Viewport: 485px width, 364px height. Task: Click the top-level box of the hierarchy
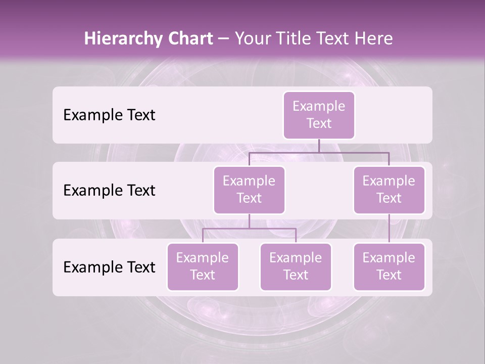click(319, 115)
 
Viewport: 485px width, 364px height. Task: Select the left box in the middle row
click(249, 190)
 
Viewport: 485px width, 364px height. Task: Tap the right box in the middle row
click(389, 190)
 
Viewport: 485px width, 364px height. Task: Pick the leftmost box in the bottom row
click(203, 267)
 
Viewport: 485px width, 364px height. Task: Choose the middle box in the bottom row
click(296, 267)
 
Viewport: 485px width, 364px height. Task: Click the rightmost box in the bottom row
click(389, 267)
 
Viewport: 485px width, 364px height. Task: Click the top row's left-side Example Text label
click(109, 115)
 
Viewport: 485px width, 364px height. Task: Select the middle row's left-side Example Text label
click(109, 191)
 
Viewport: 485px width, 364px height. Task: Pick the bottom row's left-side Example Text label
click(109, 267)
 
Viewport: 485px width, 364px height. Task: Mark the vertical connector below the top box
click(319, 146)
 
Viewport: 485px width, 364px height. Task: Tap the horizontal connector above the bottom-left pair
click(249, 229)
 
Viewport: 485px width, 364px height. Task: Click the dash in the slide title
click(224, 39)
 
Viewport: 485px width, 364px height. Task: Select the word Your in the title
click(251, 39)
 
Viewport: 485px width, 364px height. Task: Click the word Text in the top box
click(319, 123)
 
